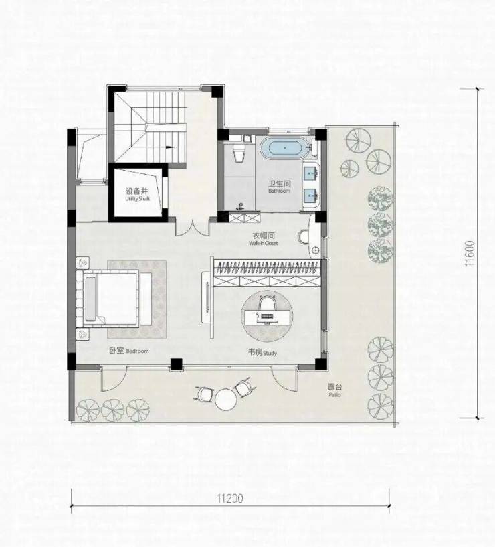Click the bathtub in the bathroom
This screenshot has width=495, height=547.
285,148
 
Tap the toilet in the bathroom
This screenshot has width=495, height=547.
239,153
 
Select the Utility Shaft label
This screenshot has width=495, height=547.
137,195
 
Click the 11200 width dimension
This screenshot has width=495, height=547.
230,498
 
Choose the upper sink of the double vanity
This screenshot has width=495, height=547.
311,172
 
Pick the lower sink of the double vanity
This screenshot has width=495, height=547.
311,196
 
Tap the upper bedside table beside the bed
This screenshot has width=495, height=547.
83,262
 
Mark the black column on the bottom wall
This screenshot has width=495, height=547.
177,364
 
